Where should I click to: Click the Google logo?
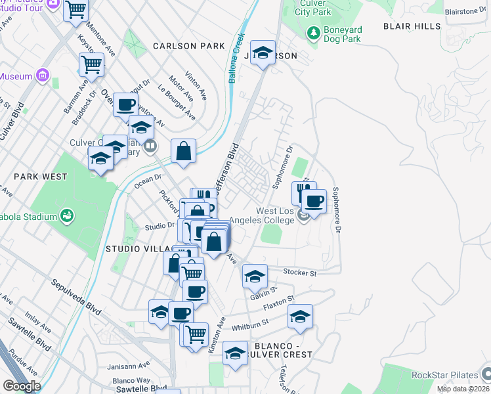point(22,386)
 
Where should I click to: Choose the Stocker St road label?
point(300,272)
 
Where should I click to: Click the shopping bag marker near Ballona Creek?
point(184,150)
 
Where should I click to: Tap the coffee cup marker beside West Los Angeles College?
point(314,202)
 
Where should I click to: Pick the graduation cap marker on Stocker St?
point(255,276)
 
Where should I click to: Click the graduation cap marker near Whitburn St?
point(300,317)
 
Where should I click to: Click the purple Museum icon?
point(43,76)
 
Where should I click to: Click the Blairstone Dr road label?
point(470,11)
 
